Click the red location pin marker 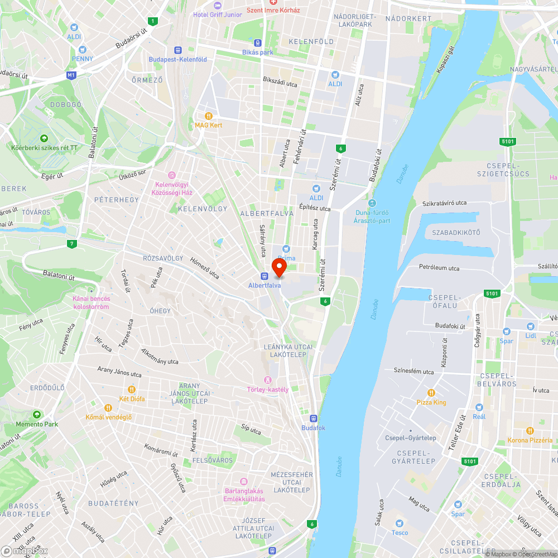(278, 268)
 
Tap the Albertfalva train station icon (264, 276)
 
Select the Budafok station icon (313, 418)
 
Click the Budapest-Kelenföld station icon (177, 50)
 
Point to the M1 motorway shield (71, 75)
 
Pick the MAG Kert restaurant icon (208, 116)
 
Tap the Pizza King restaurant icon (431, 393)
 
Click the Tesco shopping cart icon (399, 523)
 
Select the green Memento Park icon (37, 415)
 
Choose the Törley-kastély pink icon (268, 380)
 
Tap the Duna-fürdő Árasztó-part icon (372, 203)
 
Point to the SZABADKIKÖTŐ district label (456, 232)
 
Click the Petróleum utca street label (439, 268)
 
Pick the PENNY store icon (83, 49)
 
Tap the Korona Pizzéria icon (530, 431)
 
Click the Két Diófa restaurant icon (132, 389)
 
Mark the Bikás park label (258, 52)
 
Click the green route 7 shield (71, 244)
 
